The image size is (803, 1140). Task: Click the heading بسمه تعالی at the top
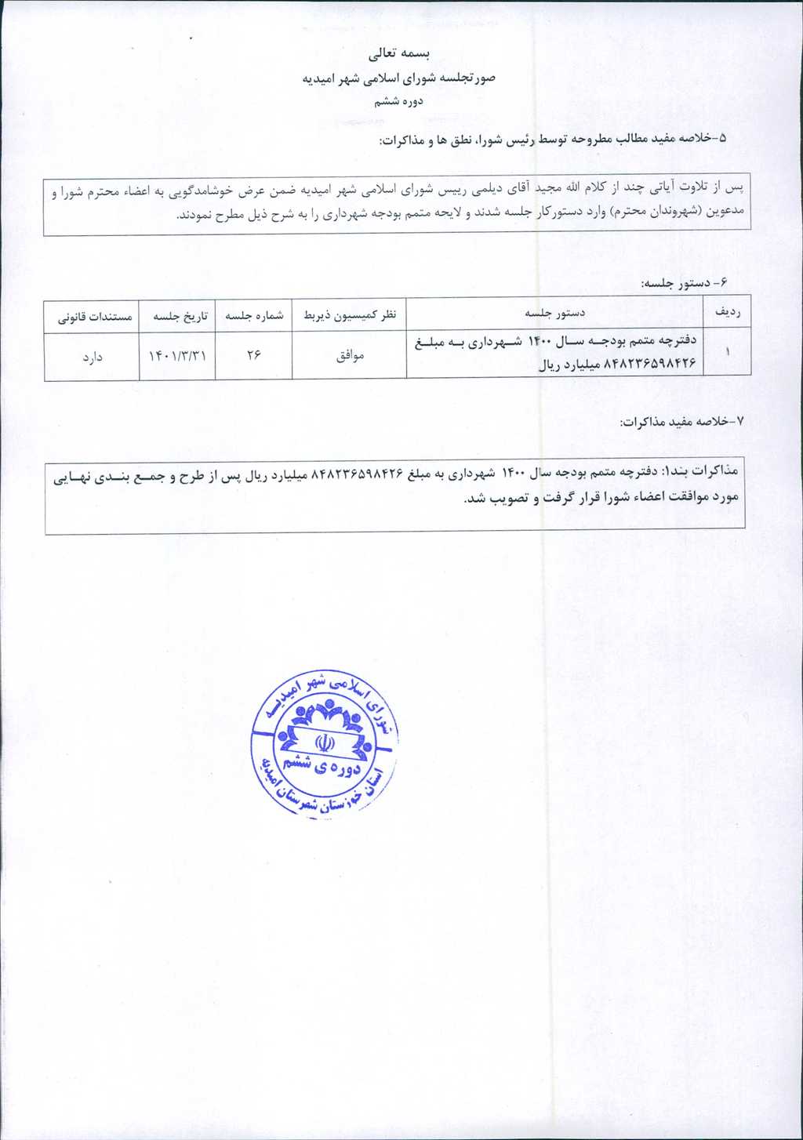click(400, 54)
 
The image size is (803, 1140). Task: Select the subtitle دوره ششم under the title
click(398, 101)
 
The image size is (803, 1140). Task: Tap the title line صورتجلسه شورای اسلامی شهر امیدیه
click(399, 78)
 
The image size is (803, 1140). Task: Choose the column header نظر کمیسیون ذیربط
click(350, 315)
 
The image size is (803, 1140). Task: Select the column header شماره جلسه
click(254, 315)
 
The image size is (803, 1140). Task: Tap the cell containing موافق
click(350, 356)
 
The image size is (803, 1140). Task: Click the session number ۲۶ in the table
click(253, 356)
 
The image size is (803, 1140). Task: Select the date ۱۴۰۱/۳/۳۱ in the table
click(177, 356)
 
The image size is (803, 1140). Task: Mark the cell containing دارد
click(93, 357)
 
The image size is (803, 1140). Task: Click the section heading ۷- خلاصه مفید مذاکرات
click(681, 422)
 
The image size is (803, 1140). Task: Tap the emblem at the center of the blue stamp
click(324, 741)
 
